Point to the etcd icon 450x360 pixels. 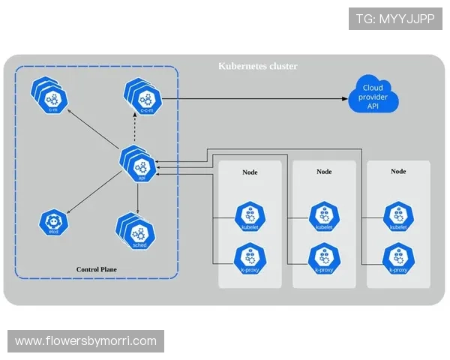point(54,223)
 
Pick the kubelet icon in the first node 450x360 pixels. point(249,216)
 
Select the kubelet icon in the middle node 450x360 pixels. point(323,216)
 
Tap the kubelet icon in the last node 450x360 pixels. point(397,216)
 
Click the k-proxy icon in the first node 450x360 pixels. point(249,258)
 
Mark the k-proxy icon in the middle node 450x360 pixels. point(323,258)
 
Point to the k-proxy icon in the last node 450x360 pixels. point(397,258)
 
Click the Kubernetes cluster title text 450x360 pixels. point(257,67)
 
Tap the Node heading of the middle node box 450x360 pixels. point(324,172)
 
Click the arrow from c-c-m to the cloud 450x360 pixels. point(255,98)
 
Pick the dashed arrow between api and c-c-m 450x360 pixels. point(134,132)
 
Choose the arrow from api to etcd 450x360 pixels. point(94,192)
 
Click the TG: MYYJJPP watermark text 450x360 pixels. point(395,19)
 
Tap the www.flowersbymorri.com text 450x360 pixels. point(86,341)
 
